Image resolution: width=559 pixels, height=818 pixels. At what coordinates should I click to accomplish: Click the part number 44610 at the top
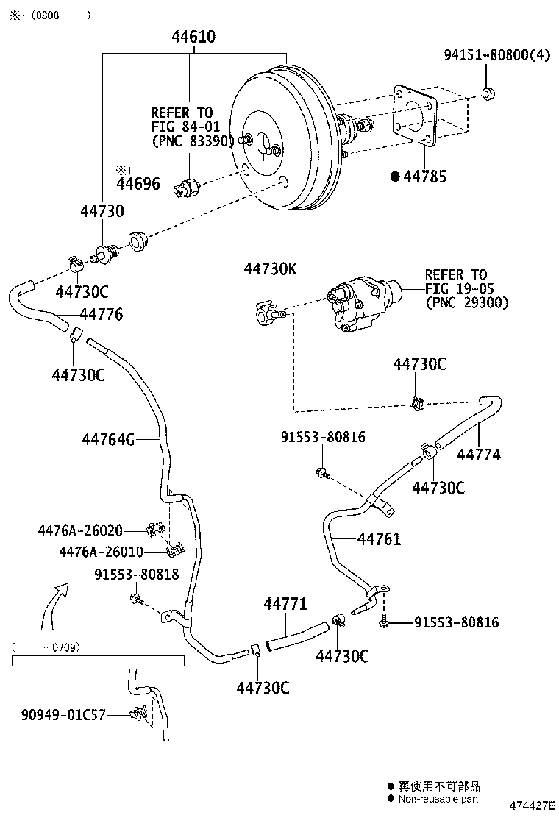point(193,37)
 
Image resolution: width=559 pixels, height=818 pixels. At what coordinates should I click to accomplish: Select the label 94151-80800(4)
point(496,54)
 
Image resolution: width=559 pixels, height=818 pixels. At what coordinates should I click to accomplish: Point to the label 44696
point(137,184)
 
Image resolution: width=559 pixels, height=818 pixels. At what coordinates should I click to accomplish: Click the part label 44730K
point(270,269)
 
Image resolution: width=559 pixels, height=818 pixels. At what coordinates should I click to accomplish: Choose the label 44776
point(101,315)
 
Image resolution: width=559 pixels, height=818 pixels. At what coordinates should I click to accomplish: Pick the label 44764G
point(108,440)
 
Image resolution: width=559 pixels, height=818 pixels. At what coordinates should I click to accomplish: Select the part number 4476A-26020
point(80,530)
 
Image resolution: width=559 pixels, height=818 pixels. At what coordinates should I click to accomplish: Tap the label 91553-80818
point(136,575)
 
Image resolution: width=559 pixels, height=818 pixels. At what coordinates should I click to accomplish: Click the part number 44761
point(379,539)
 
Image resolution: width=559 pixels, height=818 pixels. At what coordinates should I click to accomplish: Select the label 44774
point(478,455)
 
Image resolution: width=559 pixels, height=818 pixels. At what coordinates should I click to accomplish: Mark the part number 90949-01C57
point(63,713)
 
